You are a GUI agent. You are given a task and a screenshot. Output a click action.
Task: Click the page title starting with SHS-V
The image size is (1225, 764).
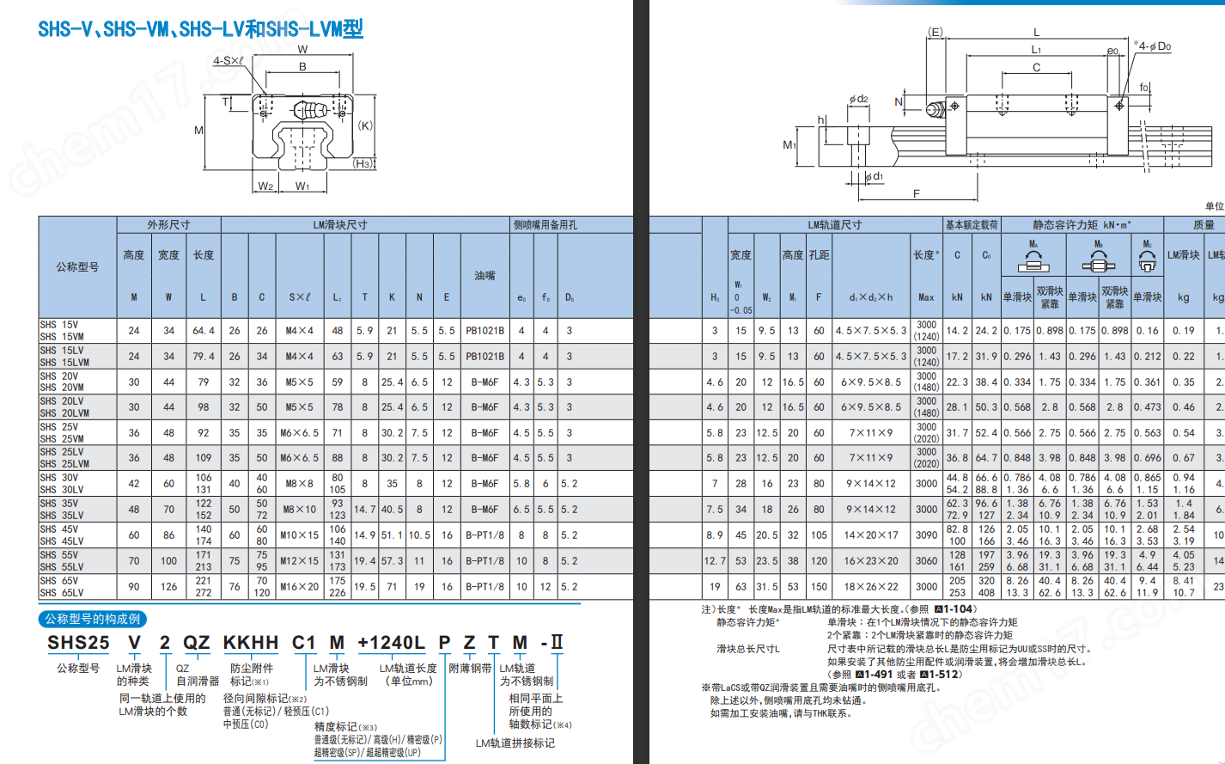(200, 29)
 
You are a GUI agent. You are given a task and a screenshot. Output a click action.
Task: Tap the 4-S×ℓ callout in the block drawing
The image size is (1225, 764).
(229, 61)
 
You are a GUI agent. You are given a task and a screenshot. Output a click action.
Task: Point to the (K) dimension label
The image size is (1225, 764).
(365, 125)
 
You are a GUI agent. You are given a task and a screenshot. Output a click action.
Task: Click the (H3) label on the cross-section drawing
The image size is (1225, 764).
(363, 163)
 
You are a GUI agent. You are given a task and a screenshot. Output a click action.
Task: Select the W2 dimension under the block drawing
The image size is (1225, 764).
(265, 186)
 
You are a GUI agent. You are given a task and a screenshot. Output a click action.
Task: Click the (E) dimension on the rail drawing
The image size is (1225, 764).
(936, 32)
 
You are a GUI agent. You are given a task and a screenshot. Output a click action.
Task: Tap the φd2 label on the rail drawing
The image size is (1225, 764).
(858, 100)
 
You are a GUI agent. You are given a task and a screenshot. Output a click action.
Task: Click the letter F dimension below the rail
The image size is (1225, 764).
(916, 193)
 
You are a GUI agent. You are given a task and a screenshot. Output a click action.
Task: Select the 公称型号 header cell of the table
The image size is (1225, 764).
(77, 267)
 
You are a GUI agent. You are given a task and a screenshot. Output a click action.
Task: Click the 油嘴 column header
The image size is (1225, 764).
(485, 276)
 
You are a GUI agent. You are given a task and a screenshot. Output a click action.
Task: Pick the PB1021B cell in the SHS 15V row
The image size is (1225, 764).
(485, 331)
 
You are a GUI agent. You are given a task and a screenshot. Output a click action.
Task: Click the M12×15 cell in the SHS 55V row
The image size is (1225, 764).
(299, 561)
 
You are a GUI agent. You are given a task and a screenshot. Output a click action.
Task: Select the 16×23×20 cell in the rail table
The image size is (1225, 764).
(871, 561)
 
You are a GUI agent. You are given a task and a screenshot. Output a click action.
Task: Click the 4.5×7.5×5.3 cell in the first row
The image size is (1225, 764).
(871, 331)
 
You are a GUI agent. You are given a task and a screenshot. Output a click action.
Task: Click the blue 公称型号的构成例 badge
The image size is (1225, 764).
(93, 619)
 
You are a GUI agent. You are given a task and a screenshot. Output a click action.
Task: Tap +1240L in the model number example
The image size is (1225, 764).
(391, 643)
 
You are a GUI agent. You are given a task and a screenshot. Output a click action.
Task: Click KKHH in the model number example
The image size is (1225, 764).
(251, 643)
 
